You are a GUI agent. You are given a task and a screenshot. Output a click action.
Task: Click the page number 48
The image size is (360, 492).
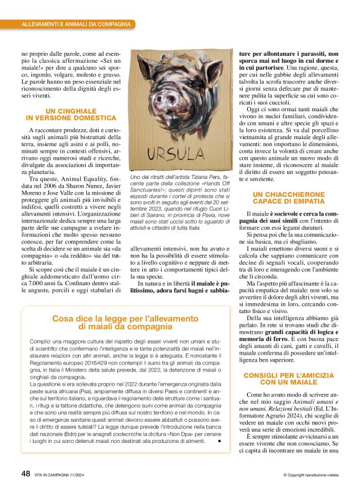coord(25,473)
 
